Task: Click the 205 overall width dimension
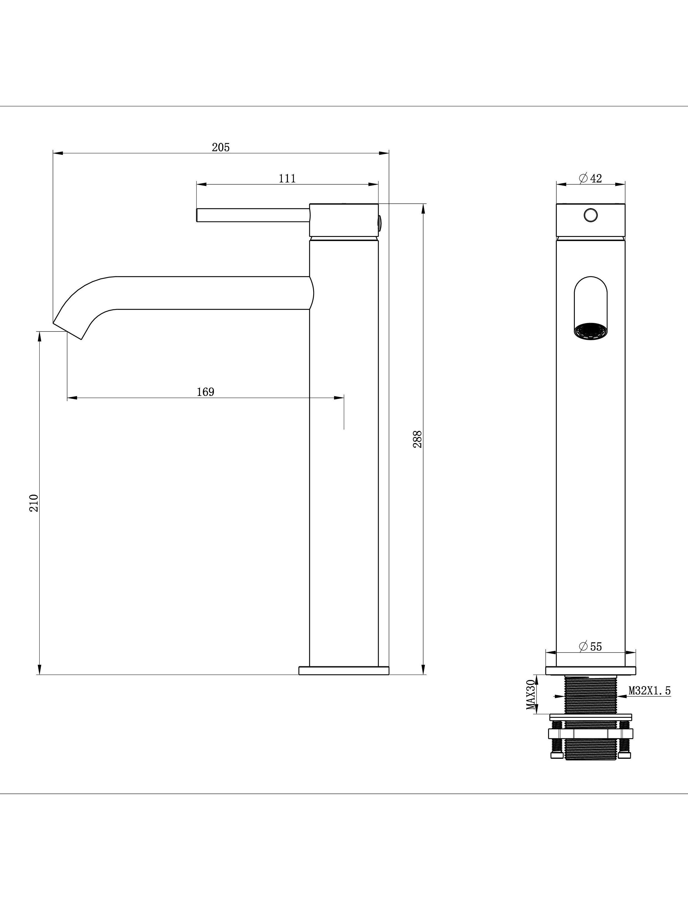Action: coord(221,147)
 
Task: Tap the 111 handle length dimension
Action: coord(287,178)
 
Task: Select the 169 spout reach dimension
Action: coord(206,392)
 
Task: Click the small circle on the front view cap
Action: coord(591,215)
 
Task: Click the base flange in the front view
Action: coord(591,670)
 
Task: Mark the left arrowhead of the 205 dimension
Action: coord(58,153)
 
